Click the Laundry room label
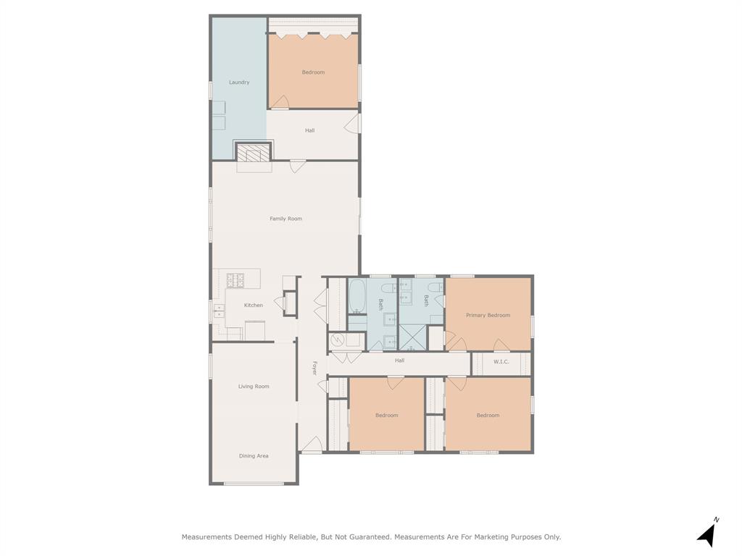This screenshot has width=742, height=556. (239, 83)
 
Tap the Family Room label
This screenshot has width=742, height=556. (285, 219)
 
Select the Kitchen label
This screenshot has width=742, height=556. (253, 305)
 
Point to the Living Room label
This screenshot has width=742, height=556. (254, 387)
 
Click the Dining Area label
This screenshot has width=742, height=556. (254, 456)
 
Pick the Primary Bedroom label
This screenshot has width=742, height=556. (488, 316)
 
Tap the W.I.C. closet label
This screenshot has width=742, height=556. (501, 362)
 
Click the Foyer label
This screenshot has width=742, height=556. (314, 368)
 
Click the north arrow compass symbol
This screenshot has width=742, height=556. (708, 534)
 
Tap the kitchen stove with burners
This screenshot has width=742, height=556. (235, 280)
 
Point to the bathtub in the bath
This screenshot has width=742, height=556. (357, 296)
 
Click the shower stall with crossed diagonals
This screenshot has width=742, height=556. (412, 337)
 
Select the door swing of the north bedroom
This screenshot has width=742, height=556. (280, 102)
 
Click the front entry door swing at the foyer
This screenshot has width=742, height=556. (312, 445)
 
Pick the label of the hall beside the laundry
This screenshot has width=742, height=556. (310, 130)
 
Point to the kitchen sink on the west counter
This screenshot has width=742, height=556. (219, 311)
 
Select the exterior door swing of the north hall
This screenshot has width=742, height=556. (351, 124)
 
